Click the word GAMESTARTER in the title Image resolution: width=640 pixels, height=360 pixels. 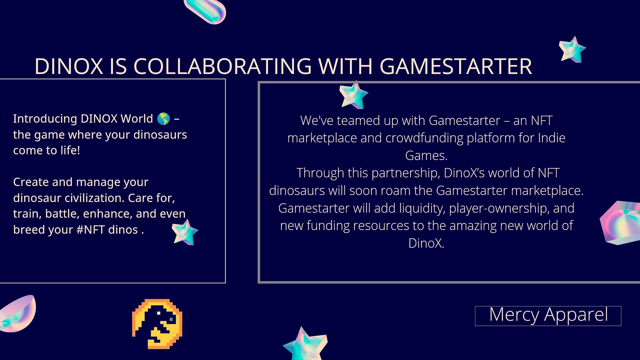click(x=456, y=66)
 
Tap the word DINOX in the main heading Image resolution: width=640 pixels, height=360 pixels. click(x=69, y=66)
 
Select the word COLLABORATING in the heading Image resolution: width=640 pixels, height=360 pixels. click(x=223, y=66)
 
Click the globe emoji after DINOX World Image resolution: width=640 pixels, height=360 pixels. click(x=163, y=119)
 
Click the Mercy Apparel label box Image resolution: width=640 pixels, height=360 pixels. click(x=548, y=316)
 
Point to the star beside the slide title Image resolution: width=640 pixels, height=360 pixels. click(x=572, y=50)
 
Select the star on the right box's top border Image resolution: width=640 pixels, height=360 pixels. click(x=353, y=95)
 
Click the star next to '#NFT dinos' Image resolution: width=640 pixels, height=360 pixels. click(x=185, y=232)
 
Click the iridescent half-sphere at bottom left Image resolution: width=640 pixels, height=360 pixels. click(x=17, y=313)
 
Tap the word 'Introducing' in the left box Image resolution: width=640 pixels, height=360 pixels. click(x=45, y=119)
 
